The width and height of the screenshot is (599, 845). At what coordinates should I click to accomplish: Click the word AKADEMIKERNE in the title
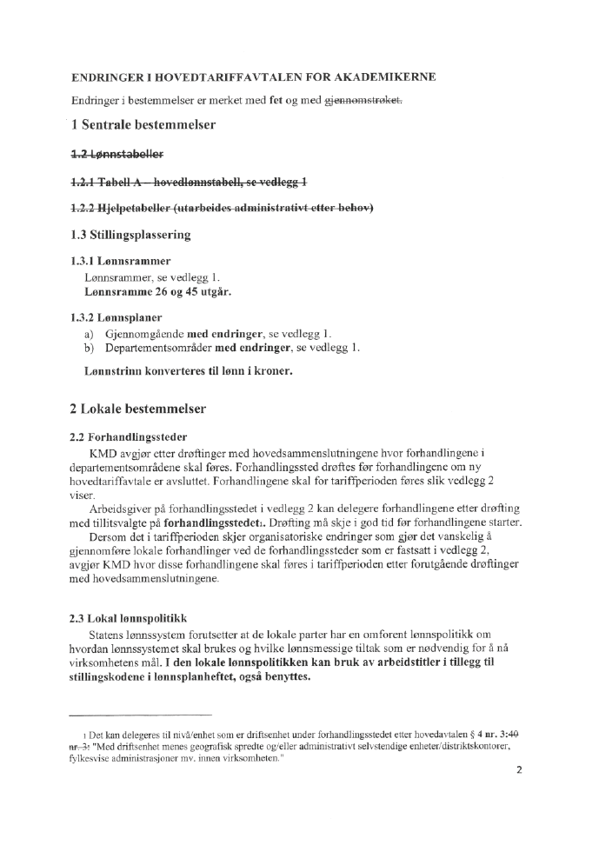point(389,77)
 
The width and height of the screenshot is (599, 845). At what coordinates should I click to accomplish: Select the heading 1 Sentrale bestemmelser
point(143,125)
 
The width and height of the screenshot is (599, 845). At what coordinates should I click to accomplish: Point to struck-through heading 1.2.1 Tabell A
point(188,182)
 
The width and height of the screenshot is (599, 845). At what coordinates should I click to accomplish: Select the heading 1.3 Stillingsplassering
point(130,235)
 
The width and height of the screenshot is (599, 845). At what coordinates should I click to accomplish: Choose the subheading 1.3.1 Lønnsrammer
point(120,261)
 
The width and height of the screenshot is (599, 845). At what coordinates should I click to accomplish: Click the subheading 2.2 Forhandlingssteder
point(129,436)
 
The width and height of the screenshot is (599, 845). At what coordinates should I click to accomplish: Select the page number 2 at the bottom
point(518,769)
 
